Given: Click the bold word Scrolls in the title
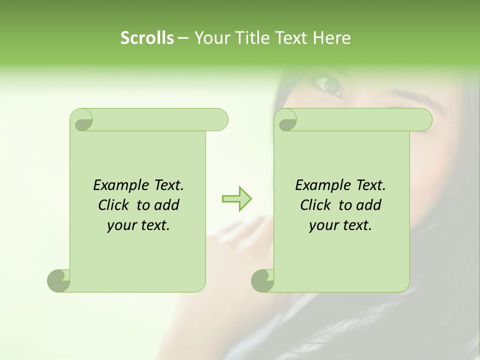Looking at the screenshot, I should pyautogui.click(x=147, y=38).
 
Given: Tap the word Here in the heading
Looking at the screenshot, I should pyautogui.click(x=331, y=38).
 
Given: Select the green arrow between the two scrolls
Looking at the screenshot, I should pyautogui.click(x=236, y=199).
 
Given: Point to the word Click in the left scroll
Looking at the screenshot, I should pyautogui.click(x=114, y=205).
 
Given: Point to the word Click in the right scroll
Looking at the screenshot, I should pyautogui.click(x=316, y=205).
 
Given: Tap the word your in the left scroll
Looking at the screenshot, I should pyautogui.click(x=120, y=225).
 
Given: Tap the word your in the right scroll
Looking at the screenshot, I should pyautogui.click(x=322, y=225).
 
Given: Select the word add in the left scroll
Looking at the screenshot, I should pyautogui.click(x=167, y=205).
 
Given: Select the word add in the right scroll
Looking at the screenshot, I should pyautogui.click(x=369, y=205).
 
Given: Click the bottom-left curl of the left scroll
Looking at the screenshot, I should pyautogui.click(x=58, y=280).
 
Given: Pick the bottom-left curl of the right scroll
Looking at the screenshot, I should pyautogui.click(x=262, y=280).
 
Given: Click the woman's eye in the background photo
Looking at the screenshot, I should pyautogui.click(x=330, y=85).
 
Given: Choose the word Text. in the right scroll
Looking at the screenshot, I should pyautogui.click(x=370, y=185).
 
